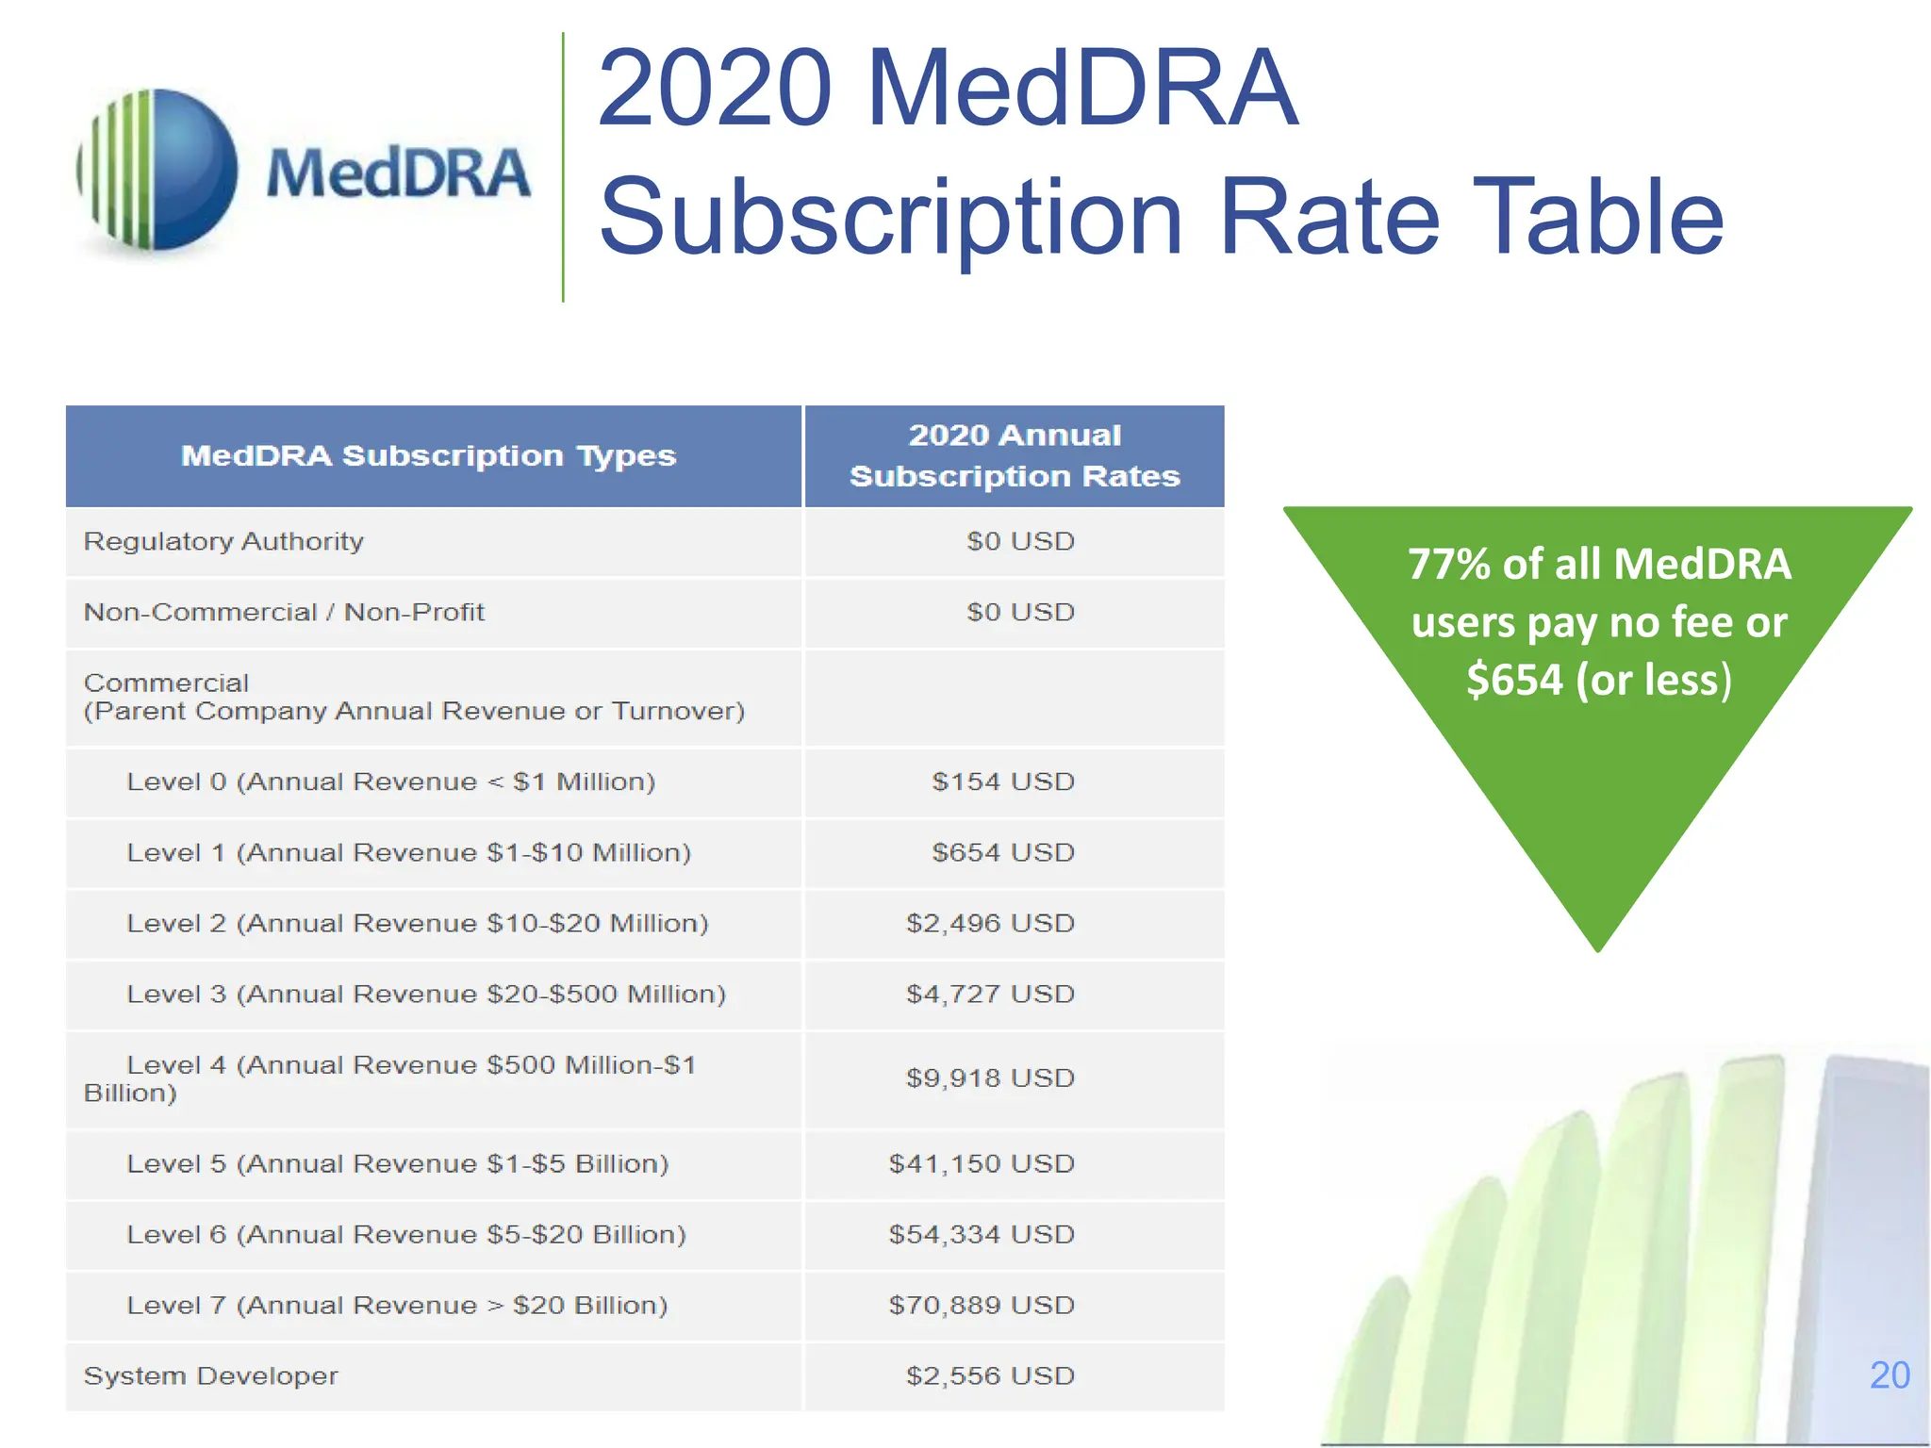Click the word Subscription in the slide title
tap(890, 218)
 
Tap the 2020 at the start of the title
tap(714, 89)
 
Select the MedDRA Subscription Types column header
tap(429, 456)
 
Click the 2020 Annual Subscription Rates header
tap(1015, 455)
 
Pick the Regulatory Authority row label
tap(223, 541)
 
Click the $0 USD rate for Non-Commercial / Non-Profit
tap(1020, 612)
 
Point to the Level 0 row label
tap(390, 782)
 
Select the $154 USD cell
tap(1002, 782)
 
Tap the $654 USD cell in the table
tap(1002, 852)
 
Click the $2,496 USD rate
tap(990, 923)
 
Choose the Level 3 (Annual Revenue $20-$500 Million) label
tap(426, 994)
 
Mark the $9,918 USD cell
tap(990, 1078)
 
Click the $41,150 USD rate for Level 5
tap(982, 1163)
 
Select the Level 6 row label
tap(406, 1234)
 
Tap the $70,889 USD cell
tap(982, 1305)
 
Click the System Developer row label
tap(210, 1375)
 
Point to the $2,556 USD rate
tap(990, 1375)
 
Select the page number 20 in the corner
tap(1890, 1375)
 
